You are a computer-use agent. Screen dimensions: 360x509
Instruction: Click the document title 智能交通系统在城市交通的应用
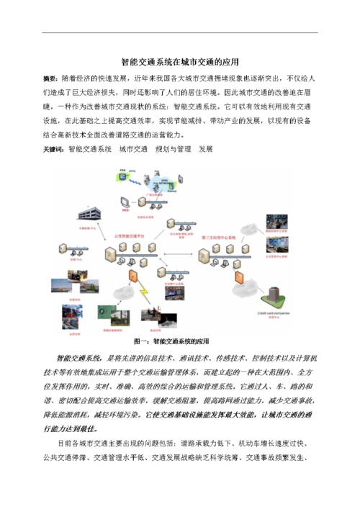coord(179,62)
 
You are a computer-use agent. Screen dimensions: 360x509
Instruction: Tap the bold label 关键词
coord(54,150)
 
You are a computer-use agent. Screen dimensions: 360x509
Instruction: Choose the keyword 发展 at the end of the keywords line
coord(206,150)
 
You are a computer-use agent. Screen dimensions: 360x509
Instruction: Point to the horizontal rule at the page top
coord(179,32)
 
